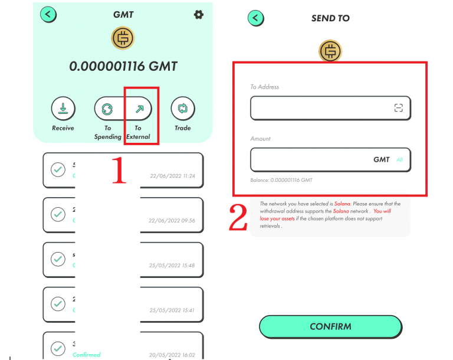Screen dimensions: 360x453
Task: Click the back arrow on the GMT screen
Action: (48, 14)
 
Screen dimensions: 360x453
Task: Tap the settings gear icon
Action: (198, 14)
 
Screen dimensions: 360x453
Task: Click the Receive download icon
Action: (63, 109)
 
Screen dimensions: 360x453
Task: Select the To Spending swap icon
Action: (107, 109)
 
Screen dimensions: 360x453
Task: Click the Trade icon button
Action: (182, 109)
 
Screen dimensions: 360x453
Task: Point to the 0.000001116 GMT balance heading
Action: (123, 66)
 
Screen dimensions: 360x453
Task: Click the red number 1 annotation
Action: (120, 171)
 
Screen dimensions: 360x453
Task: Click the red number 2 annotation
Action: (238, 218)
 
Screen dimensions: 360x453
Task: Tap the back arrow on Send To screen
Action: (255, 18)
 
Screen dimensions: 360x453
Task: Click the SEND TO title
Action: (330, 18)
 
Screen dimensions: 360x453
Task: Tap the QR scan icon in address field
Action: (399, 108)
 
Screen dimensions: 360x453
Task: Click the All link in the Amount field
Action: (399, 160)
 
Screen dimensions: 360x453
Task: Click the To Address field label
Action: (264, 87)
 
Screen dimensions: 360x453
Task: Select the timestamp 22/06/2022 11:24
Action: (172, 176)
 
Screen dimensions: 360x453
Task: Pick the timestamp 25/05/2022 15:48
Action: (172, 266)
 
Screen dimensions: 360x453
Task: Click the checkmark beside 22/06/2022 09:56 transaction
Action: (58, 215)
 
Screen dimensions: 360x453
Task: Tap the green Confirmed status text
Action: (87, 355)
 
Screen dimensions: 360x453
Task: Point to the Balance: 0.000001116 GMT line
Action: (281, 180)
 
